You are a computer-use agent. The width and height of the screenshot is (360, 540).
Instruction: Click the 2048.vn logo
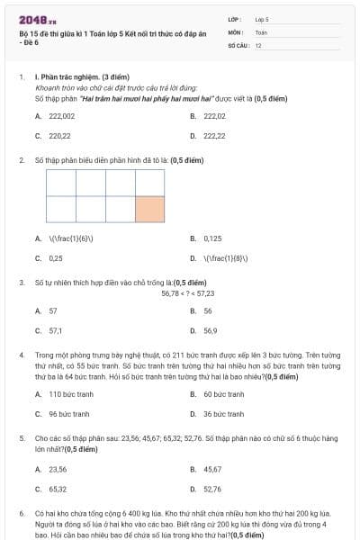click(x=38, y=20)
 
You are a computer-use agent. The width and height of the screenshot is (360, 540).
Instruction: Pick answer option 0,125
click(x=212, y=238)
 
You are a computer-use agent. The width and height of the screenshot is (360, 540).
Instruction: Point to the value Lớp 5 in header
click(x=262, y=18)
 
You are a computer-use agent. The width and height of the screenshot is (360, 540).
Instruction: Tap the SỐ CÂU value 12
click(x=258, y=44)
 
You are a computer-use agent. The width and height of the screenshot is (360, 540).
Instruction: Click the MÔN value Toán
click(x=261, y=31)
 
